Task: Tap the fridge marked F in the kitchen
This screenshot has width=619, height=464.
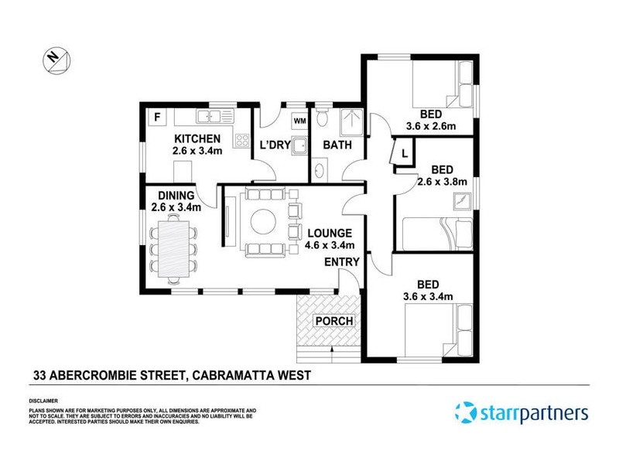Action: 158,118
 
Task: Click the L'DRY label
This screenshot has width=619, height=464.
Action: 274,145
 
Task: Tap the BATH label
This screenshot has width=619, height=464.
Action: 337,145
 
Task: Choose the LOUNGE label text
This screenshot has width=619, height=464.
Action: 330,233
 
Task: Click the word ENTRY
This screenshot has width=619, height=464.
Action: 341,262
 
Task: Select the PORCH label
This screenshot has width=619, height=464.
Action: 333,321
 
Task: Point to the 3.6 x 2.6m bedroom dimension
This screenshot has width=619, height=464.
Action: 431,127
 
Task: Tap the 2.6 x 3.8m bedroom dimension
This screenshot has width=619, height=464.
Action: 442,183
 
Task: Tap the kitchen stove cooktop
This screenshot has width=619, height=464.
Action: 241,141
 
